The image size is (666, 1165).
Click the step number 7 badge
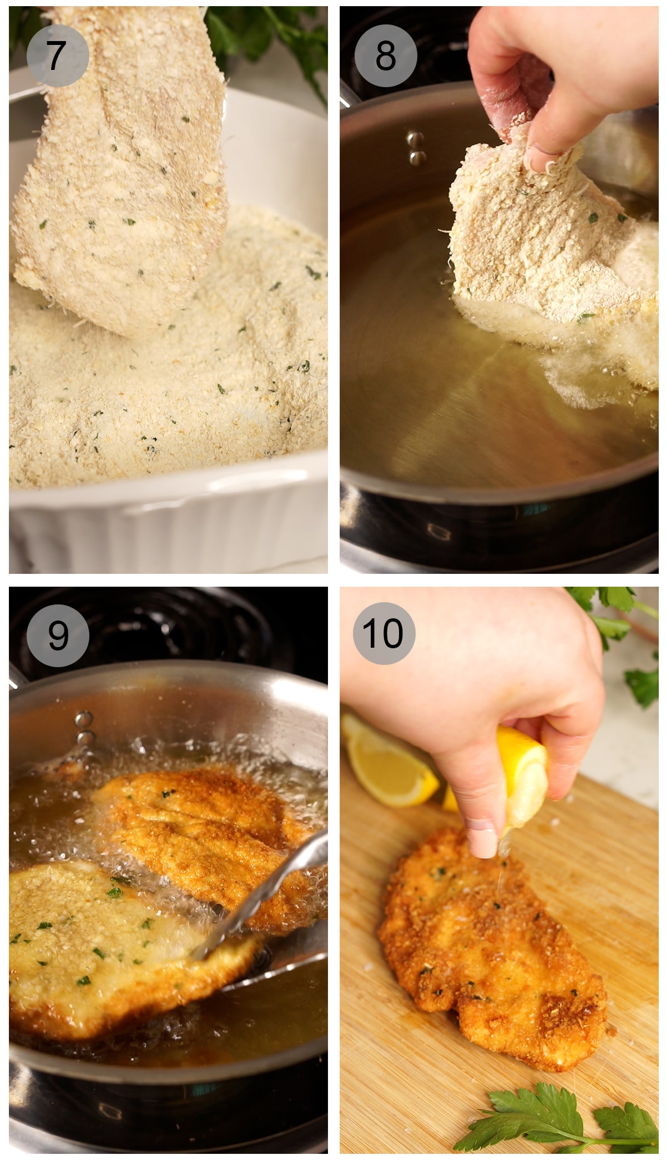tap(57, 56)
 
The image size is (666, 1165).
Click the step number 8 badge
tap(386, 56)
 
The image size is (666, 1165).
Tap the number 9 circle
tap(58, 636)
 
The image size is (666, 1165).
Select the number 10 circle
tap(384, 633)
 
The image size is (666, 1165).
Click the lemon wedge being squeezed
tap(524, 771)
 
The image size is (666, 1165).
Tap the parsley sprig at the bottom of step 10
tap(555, 1116)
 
